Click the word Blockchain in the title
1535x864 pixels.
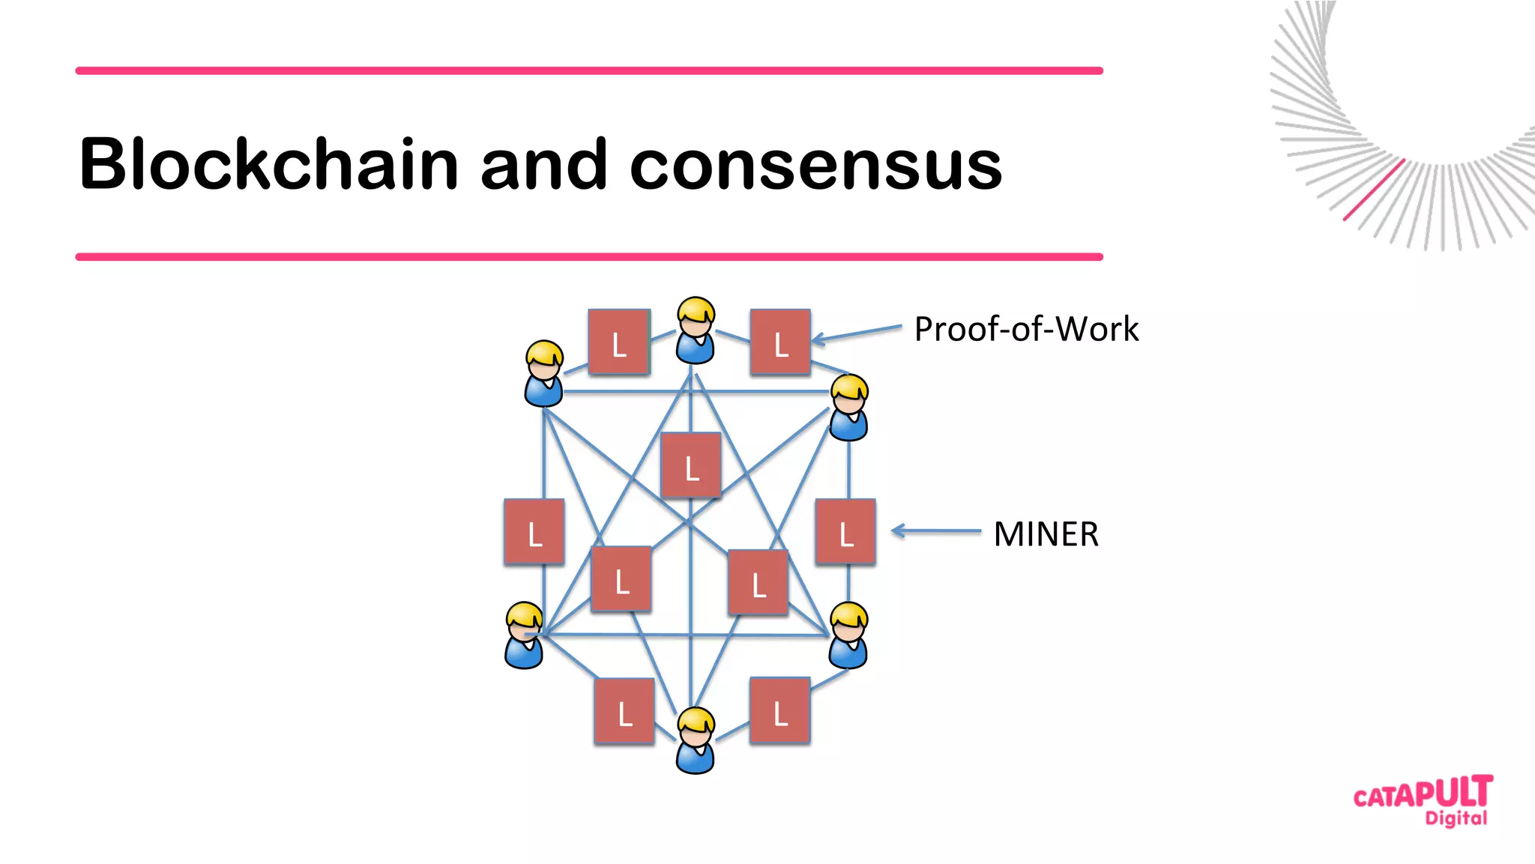click(268, 164)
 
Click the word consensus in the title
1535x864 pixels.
click(815, 166)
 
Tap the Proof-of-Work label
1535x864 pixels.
click(1026, 330)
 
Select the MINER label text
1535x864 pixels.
click(1046, 535)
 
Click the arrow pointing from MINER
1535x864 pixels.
click(935, 531)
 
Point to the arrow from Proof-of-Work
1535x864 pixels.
click(856, 334)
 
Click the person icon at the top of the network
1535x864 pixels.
click(696, 330)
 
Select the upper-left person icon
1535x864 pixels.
click(544, 373)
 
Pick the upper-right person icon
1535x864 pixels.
click(849, 408)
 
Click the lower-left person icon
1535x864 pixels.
click(524, 635)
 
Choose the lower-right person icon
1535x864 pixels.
click(848, 635)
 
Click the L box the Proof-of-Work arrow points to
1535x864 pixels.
click(780, 342)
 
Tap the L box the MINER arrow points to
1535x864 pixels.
click(845, 531)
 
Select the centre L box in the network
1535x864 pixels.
click(691, 465)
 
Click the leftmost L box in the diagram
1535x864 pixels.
click(534, 531)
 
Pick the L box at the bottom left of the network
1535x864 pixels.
click(624, 711)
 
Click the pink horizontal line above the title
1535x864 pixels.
click(589, 70)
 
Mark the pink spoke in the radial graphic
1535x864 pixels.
click(1373, 190)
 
